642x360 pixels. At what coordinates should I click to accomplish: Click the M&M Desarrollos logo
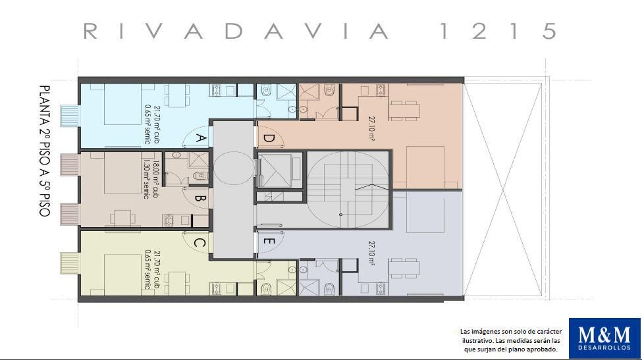[x=604, y=338]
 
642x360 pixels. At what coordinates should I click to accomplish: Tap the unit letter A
[x=200, y=138]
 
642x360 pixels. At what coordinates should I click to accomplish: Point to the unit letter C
[x=199, y=243]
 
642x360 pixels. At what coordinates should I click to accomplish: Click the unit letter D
[x=268, y=138]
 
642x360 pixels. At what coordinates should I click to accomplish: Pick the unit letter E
[x=268, y=242]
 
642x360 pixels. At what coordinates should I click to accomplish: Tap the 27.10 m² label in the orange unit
[x=372, y=129]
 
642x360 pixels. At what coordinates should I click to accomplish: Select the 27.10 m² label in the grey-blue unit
[x=372, y=253]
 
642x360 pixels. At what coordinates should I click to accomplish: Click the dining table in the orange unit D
[x=404, y=111]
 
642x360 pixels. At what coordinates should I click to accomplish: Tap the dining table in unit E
[x=404, y=269]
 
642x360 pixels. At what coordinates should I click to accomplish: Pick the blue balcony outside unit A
[x=68, y=116]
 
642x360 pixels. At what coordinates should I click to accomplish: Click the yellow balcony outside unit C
[x=68, y=263]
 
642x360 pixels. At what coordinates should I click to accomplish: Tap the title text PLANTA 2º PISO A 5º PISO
[x=44, y=151]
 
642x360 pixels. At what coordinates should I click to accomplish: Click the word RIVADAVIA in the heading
[x=236, y=31]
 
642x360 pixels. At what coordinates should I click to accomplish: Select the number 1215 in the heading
[x=498, y=31]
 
